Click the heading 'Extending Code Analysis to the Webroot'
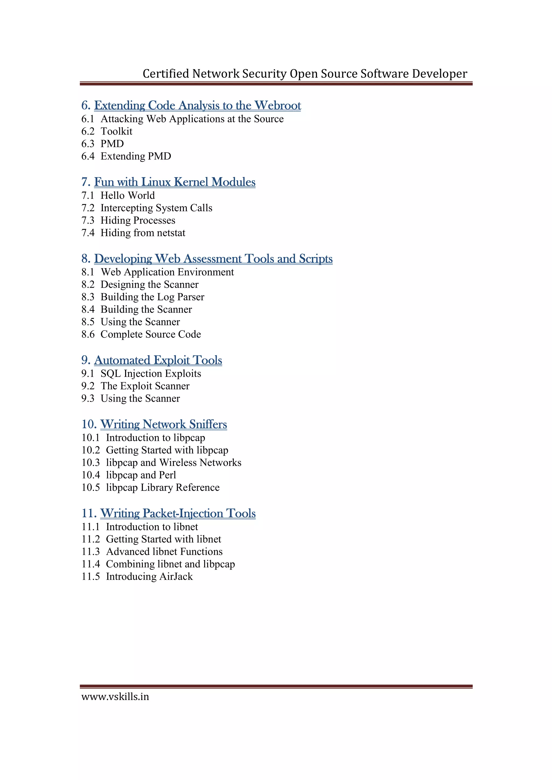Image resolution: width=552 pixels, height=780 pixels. point(197,106)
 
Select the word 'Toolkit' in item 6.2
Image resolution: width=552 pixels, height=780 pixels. point(116,131)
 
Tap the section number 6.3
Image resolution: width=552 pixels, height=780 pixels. point(88,144)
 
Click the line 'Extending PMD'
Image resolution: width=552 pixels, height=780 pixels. point(136,156)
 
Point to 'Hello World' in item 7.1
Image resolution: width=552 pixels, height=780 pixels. point(127,196)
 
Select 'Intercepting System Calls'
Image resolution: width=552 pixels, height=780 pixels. point(156,208)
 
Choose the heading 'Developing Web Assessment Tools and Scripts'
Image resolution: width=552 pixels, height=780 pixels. point(213,259)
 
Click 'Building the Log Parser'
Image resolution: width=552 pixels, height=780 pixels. point(152,297)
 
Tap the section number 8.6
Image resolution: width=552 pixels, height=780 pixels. point(88,335)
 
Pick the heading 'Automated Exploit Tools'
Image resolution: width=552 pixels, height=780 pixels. point(158,360)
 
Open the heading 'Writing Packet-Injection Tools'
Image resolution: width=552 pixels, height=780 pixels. point(178,513)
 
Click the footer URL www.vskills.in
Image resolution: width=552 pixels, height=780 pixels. point(115,697)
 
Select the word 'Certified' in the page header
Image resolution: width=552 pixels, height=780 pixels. point(166,74)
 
